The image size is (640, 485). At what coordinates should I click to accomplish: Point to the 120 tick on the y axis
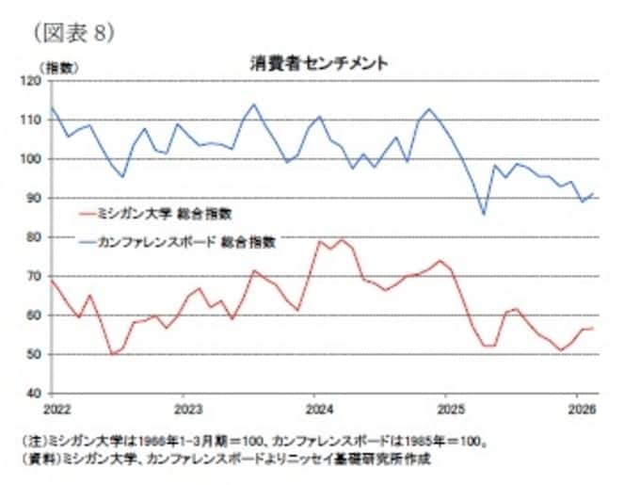[32, 81]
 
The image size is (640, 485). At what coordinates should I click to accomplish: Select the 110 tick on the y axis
[32, 120]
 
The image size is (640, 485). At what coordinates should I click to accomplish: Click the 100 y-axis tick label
[32, 159]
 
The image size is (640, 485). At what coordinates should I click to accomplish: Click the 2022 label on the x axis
[55, 409]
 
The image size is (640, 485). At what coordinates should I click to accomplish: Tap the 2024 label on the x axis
[320, 409]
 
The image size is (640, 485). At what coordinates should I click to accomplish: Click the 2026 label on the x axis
[583, 409]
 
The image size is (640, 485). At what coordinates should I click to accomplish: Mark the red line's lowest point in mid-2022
[113, 354]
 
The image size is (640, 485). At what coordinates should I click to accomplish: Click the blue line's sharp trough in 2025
[484, 215]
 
